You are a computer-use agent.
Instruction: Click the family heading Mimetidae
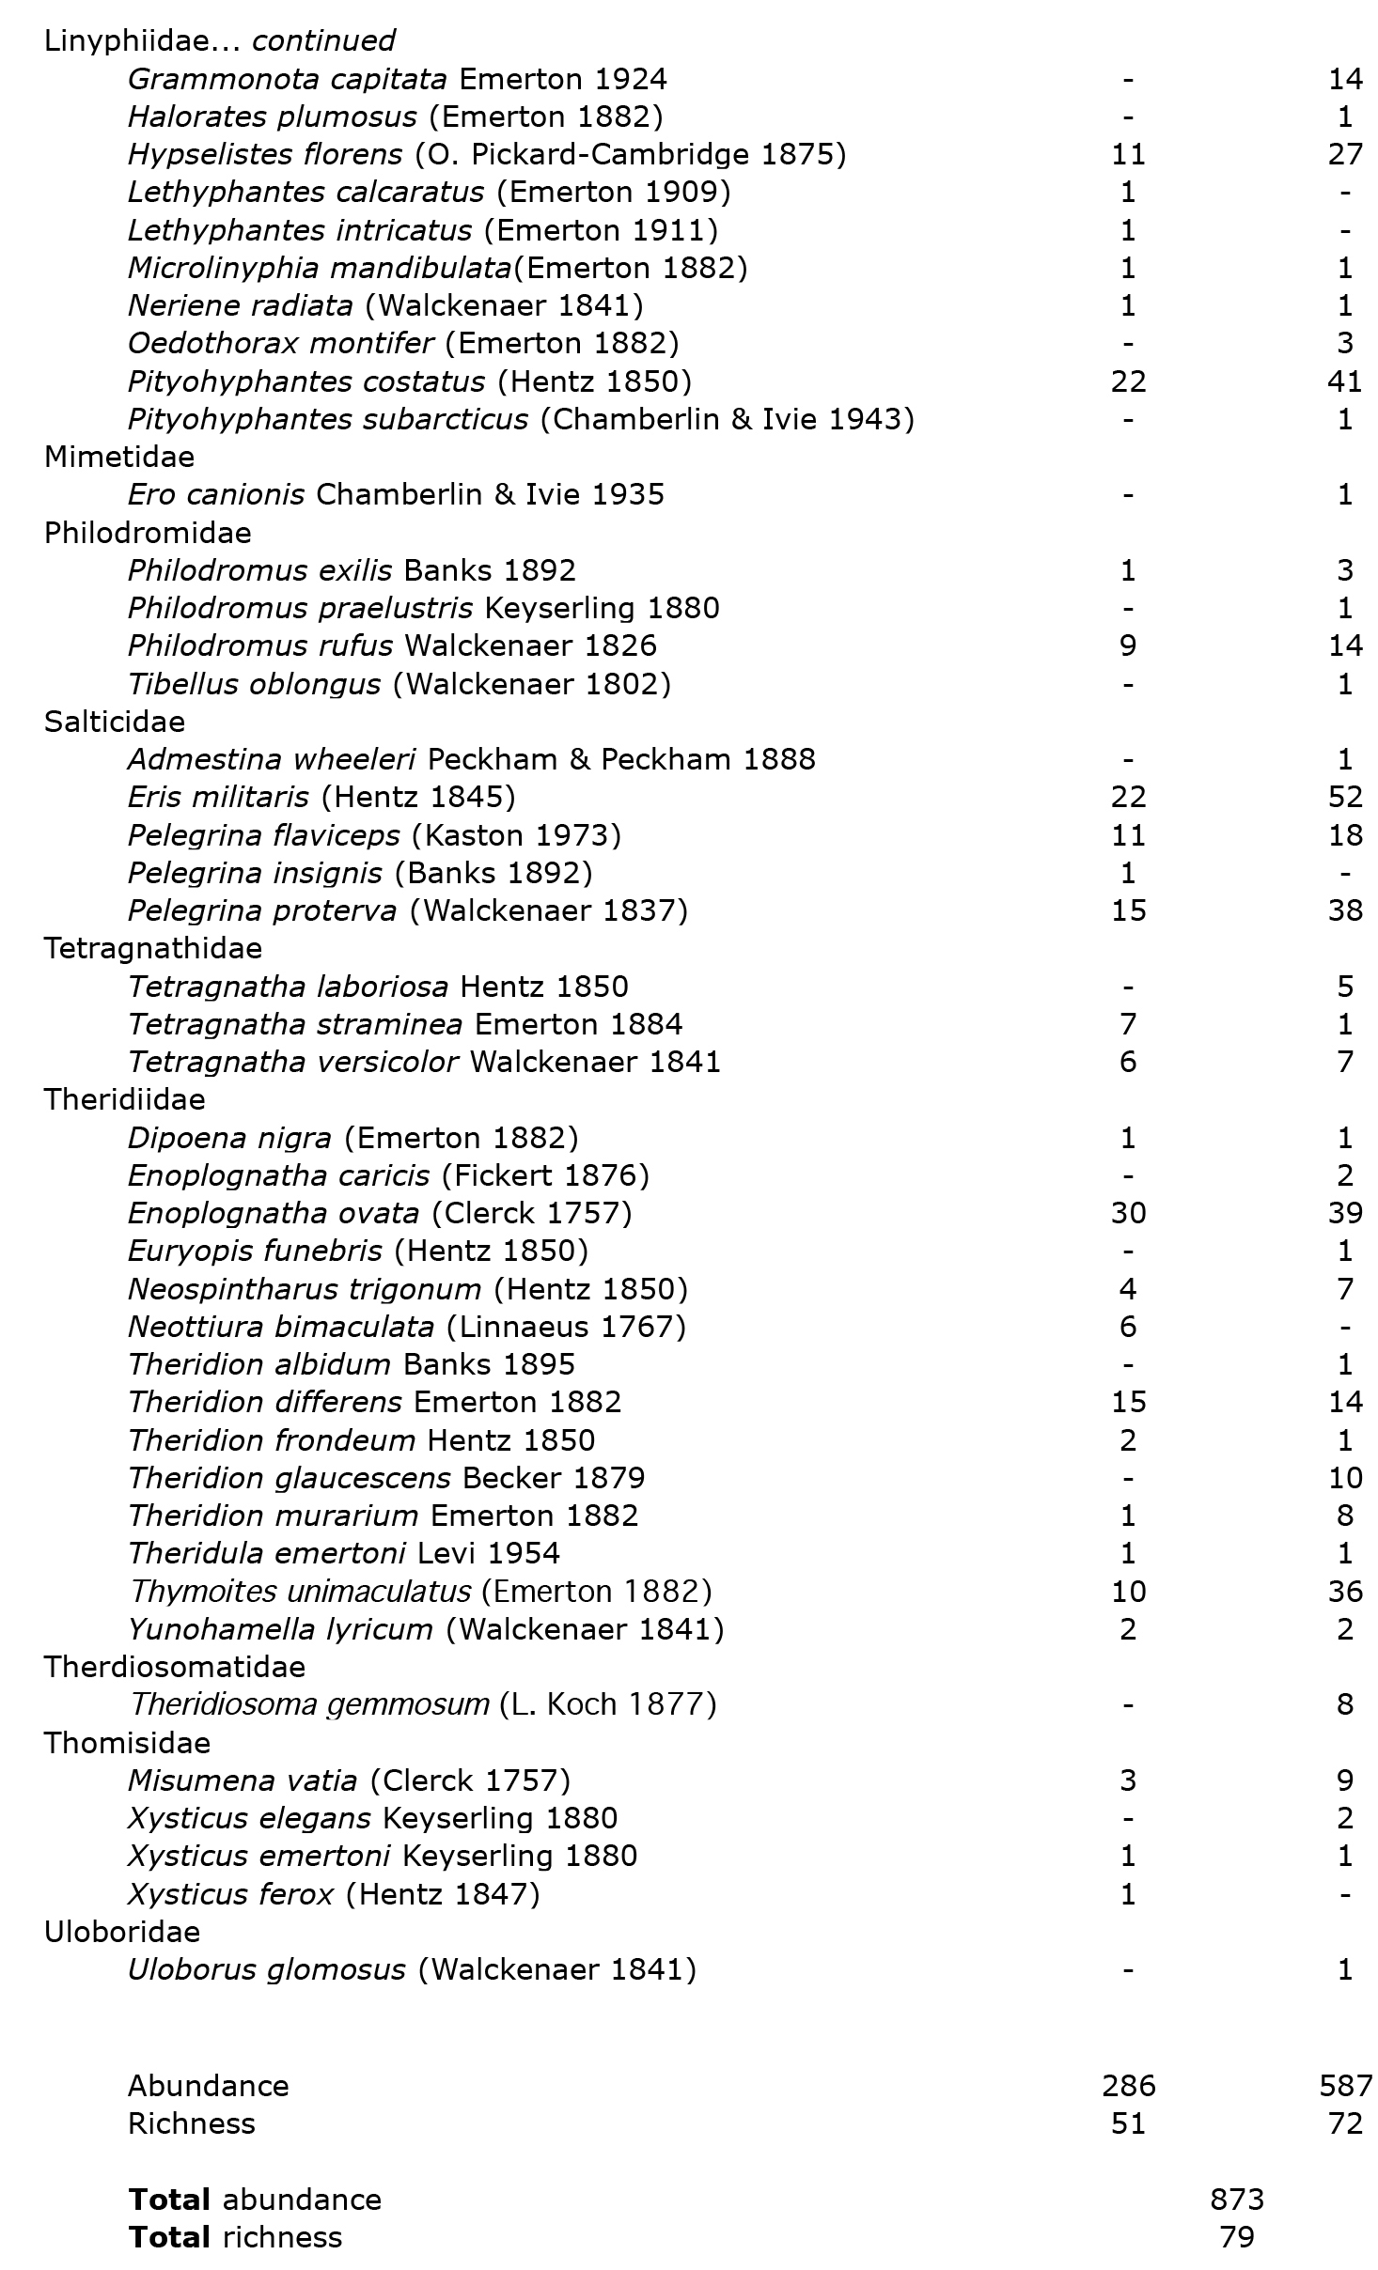pyautogui.click(x=119, y=458)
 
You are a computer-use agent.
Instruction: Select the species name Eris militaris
pyautogui.click(x=218, y=798)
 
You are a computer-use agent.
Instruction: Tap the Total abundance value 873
pyautogui.click(x=1236, y=2200)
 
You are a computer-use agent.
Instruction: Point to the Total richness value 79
pyautogui.click(x=1236, y=2237)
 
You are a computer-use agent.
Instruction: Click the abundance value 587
pyautogui.click(x=1345, y=2086)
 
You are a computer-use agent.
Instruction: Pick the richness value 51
pyautogui.click(x=1128, y=2123)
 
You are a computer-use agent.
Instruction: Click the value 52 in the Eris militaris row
pyautogui.click(x=1345, y=798)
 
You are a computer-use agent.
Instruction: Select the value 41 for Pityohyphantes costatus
pyautogui.click(x=1345, y=381)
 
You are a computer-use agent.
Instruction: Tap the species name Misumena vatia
pyautogui.click(x=243, y=1780)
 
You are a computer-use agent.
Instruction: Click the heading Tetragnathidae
pyautogui.click(x=153, y=949)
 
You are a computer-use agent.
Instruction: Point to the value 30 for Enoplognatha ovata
pyautogui.click(x=1128, y=1213)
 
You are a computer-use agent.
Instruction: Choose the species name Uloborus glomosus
pyautogui.click(x=267, y=1969)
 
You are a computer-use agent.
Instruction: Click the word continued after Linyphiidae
pyautogui.click(x=323, y=41)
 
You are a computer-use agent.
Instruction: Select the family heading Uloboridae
pyautogui.click(x=122, y=1932)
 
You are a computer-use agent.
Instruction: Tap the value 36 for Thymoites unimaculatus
pyautogui.click(x=1345, y=1592)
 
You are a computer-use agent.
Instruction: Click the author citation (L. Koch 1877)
pyautogui.click(x=607, y=1704)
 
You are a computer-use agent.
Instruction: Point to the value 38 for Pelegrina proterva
pyautogui.click(x=1345, y=910)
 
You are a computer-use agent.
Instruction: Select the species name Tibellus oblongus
pyautogui.click(x=254, y=684)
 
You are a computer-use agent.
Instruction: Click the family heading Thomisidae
pyautogui.click(x=127, y=1743)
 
